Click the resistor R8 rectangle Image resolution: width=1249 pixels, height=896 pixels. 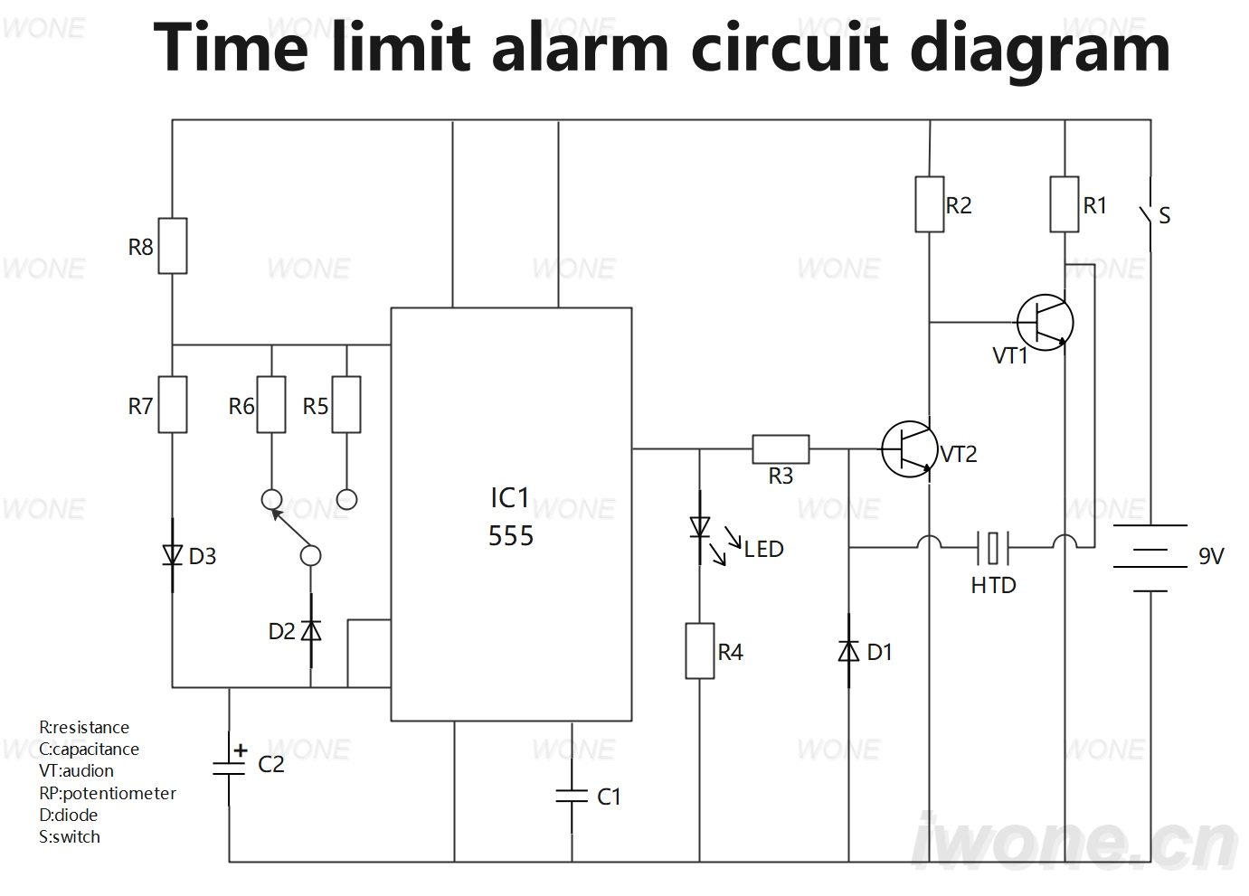(x=173, y=246)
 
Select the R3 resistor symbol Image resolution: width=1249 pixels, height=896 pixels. (x=781, y=449)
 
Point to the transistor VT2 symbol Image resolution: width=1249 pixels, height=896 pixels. (x=910, y=449)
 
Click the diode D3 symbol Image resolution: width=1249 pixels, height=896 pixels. (x=173, y=555)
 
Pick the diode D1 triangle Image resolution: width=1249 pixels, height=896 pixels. (x=848, y=651)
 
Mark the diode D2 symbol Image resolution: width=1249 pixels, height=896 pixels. (x=310, y=630)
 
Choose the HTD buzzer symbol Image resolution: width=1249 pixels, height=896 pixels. (x=993, y=548)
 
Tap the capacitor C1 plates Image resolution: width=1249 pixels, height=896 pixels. (x=572, y=797)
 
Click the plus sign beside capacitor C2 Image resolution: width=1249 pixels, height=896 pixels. (x=241, y=750)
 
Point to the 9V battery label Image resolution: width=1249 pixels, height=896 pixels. (x=1211, y=556)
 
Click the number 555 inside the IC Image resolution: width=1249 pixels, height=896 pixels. (x=511, y=535)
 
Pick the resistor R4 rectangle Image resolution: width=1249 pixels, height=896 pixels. (x=700, y=651)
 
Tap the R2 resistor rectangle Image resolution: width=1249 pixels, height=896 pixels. (x=930, y=204)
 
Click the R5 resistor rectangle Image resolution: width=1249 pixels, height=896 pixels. (x=346, y=404)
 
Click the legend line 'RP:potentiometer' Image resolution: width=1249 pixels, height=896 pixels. (x=108, y=793)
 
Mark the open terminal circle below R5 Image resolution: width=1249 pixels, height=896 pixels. (x=346, y=500)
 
